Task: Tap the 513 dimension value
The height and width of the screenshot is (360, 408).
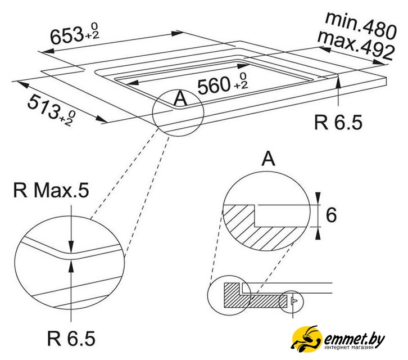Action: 43,106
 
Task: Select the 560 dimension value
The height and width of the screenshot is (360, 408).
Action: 214,85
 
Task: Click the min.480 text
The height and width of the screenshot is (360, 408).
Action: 361,25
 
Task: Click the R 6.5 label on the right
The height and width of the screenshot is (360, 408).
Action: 338,122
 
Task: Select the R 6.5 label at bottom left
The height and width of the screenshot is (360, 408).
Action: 71,339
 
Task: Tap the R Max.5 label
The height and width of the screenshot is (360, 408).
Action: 51,190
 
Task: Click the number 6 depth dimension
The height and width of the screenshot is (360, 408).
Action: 331,215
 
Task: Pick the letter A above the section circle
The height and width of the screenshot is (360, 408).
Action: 268,159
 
